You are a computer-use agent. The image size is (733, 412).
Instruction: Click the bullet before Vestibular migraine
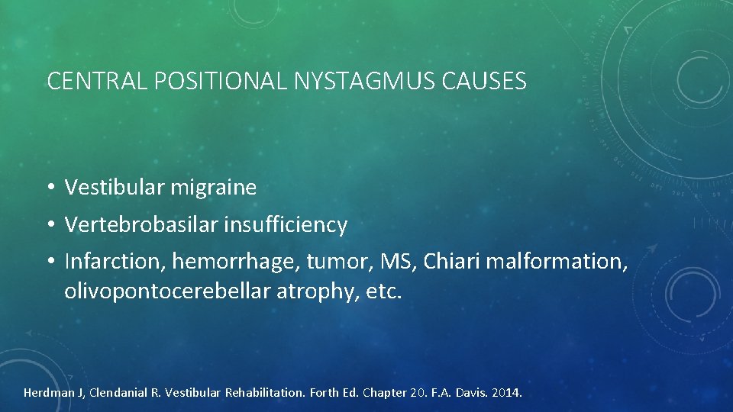[50, 188]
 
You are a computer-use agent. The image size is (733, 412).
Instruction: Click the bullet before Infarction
[50, 263]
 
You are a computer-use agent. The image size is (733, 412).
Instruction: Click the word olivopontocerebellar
[165, 291]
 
